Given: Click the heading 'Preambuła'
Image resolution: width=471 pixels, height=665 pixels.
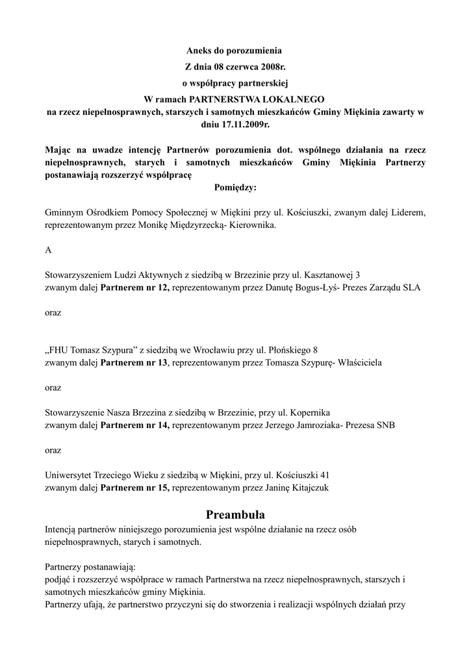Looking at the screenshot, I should [x=235, y=516].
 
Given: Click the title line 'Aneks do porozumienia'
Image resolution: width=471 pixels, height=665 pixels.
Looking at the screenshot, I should [x=235, y=49].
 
